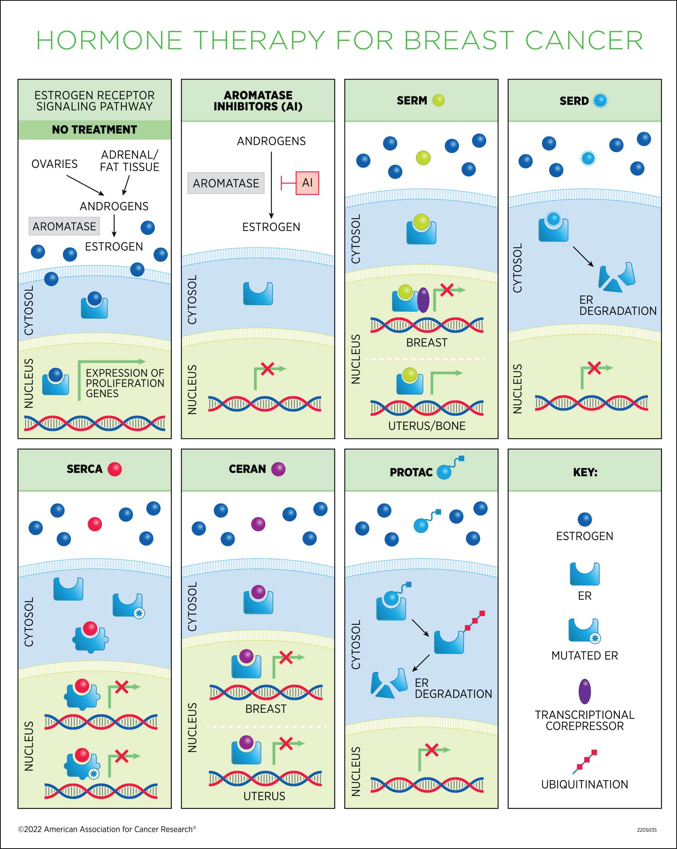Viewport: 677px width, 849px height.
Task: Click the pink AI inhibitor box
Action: tap(307, 183)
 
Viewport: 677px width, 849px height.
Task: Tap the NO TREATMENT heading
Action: tap(94, 129)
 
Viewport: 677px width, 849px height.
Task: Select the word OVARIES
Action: tap(55, 164)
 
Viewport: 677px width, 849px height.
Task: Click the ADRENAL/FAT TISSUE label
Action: tap(130, 161)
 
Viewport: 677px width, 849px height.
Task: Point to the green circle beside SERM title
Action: tap(438, 100)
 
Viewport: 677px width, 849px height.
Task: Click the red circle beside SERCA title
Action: tap(115, 469)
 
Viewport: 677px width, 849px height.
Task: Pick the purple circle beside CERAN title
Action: tap(278, 469)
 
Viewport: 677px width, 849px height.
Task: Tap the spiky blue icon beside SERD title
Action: tap(600, 100)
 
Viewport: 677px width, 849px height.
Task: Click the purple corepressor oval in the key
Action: tap(585, 691)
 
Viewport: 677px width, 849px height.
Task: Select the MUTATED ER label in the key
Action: tap(584, 655)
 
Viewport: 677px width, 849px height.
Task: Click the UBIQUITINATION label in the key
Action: tap(584, 784)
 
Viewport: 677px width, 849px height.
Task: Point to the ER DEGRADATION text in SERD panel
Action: tap(618, 305)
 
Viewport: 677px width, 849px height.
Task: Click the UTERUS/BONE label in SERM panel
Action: tap(427, 426)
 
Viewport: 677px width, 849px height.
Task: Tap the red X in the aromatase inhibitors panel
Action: tap(267, 369)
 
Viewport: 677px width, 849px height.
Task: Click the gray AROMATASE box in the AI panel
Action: tap(226, 183)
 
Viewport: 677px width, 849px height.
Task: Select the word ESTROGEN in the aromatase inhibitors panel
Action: tap(271, 227)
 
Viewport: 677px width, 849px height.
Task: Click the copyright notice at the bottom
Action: tap(107, 829)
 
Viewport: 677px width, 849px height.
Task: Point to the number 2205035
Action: tap(647, 830)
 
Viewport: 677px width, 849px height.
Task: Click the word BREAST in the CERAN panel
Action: tap(266, 709)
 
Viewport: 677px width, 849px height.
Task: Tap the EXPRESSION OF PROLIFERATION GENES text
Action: tap(124, 383)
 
